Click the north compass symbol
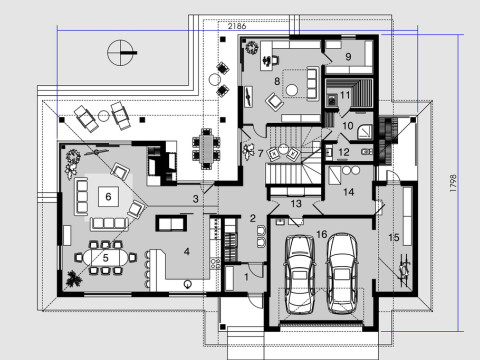121,47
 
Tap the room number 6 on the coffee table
106,196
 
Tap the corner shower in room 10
365,128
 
